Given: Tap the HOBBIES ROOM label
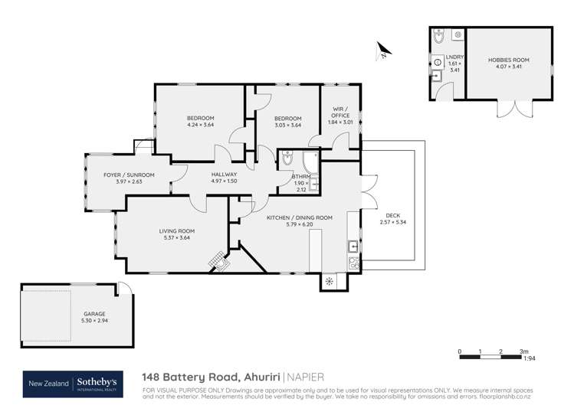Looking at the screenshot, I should click(509, 60).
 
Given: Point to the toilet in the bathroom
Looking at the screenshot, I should click(287, 159).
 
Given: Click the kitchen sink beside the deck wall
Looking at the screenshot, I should click(353, 247).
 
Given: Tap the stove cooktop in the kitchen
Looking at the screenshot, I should click(353, 262).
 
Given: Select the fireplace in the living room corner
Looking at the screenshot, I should click(220, 263).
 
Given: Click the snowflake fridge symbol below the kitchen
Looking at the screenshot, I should click(330, 281).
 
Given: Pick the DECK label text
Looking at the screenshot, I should click(393, 215).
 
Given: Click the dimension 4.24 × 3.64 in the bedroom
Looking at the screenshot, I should click(200, 125).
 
